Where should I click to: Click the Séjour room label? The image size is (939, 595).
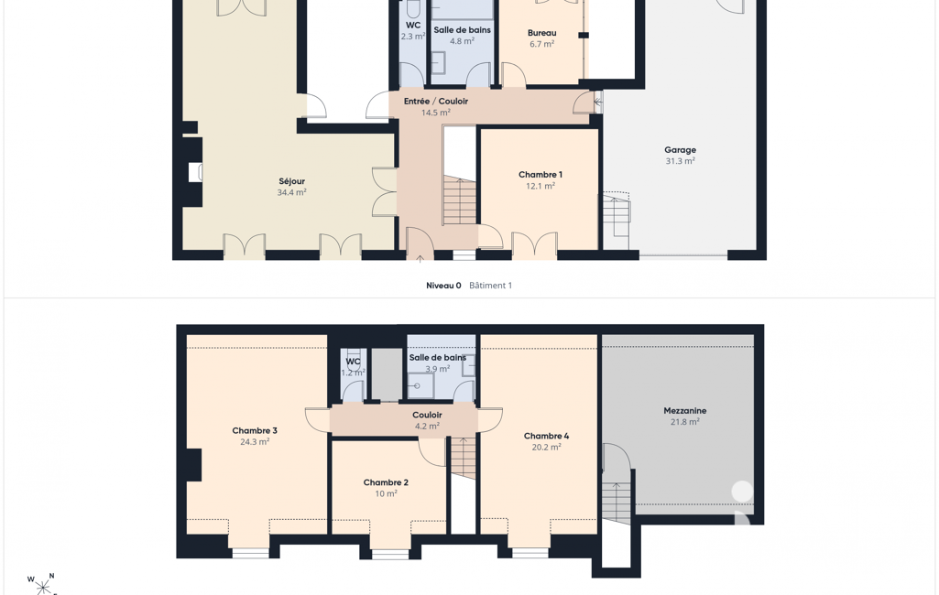coord(291,181)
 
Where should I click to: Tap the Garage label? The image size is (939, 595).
coord(680,150)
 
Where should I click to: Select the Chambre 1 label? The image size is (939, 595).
coord(540,175)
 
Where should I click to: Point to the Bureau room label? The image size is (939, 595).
coord(542,33)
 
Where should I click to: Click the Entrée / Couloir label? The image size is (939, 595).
coord(436,102)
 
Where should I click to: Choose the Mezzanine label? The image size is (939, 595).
coord(685,411)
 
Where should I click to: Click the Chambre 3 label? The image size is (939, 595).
coord(255,430)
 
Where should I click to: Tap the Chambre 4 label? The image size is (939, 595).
coord(546,436)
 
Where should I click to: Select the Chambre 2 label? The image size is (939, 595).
coord(386,482)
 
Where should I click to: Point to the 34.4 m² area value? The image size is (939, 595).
coord(291,193)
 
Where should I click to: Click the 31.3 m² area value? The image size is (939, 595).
coord(681,161)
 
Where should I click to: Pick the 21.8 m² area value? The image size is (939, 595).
coord(685,422)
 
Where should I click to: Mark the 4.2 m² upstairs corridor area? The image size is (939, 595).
coord(427,427)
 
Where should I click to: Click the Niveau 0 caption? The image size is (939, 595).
coord(443,286)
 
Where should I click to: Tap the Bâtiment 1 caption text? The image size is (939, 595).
coord(490,286)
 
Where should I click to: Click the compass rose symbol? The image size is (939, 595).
coord(43,585)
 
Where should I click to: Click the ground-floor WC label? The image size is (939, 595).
coord(413,25)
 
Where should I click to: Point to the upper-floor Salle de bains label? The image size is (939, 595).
coord(437,357)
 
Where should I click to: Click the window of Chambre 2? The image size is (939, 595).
coord(390,555)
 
